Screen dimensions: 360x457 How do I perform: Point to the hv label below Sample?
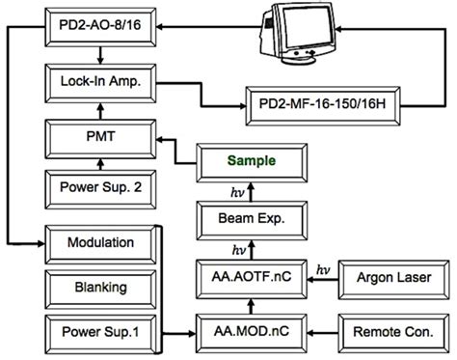tap(238, 190)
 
